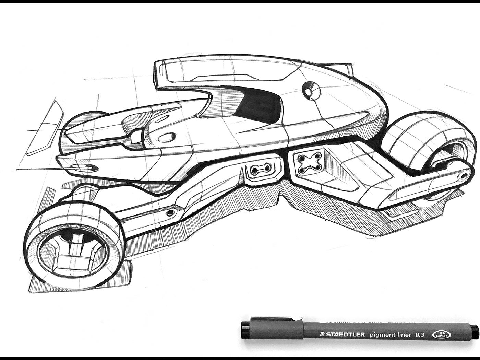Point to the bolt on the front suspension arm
[170, 213]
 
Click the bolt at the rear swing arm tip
[464, 176]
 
